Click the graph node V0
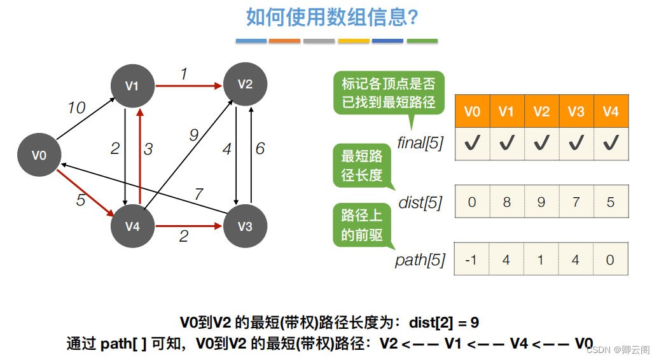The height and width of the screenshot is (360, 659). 39,155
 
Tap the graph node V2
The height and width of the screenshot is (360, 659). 245,84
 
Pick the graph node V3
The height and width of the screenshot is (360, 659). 245,226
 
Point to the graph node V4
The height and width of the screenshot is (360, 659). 132,226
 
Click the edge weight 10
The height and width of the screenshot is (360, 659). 76,108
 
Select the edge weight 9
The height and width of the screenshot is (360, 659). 193,135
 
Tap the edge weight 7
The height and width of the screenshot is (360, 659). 198,194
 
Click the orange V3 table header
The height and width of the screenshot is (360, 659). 576,111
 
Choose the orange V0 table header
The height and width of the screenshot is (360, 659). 472,111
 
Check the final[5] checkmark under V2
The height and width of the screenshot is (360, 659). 541,144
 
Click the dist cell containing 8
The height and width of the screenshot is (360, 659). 506,202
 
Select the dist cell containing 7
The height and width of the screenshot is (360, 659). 576,202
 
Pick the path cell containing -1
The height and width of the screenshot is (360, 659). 472,260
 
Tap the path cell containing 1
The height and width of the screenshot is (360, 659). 541,260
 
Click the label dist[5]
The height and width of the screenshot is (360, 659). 420,203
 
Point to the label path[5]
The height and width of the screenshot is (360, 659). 420,260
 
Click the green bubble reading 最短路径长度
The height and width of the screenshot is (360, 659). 362,165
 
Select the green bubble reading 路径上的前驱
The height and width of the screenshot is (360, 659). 362,225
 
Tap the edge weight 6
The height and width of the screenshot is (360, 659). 260,149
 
